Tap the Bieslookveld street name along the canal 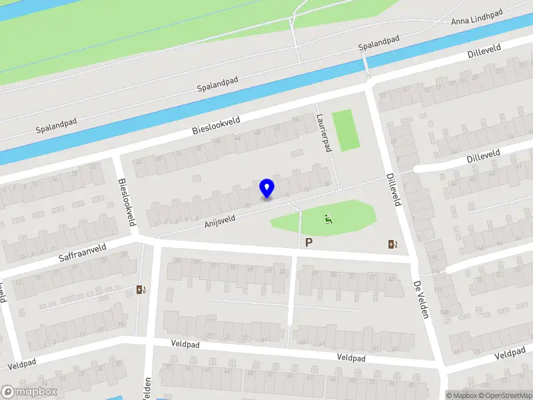(x=216, y=122)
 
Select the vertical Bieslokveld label (x=127, y=202)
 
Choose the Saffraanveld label (x=83, y=251)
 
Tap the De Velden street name (x=419, y=299)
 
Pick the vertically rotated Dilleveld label (x=393, y=189)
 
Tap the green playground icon (x=328, y=218)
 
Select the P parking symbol (x=308, y=243)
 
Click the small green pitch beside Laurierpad (x=345, y=131)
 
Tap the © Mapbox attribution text (x=460, y=395)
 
